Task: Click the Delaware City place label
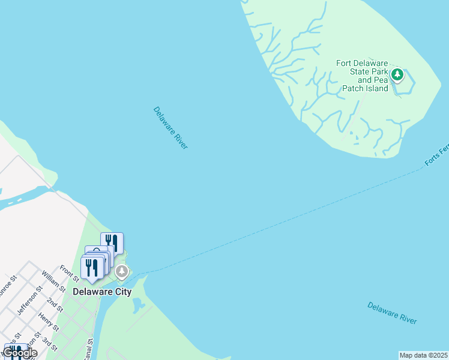pos(102,292)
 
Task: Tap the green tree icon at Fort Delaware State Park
pos(397,74)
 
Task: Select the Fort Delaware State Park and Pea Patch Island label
pos(363,76)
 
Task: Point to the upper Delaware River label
pos(170,128)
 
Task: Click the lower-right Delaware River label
pos(392,313)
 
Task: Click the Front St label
pos(70,274)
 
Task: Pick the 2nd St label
pos(55,305)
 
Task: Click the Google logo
pos(20,353)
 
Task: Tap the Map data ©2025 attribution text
pos(423,355)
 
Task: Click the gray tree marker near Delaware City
pos(122,272)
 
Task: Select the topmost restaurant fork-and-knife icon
pos(112,242)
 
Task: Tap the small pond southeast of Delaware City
pos(139,304)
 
